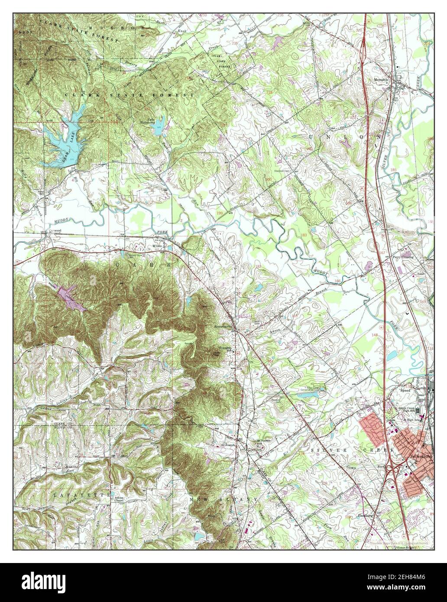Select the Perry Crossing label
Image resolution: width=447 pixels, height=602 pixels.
tap(403, 257)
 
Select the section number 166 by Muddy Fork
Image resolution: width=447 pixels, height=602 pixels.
tap(337, 282)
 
